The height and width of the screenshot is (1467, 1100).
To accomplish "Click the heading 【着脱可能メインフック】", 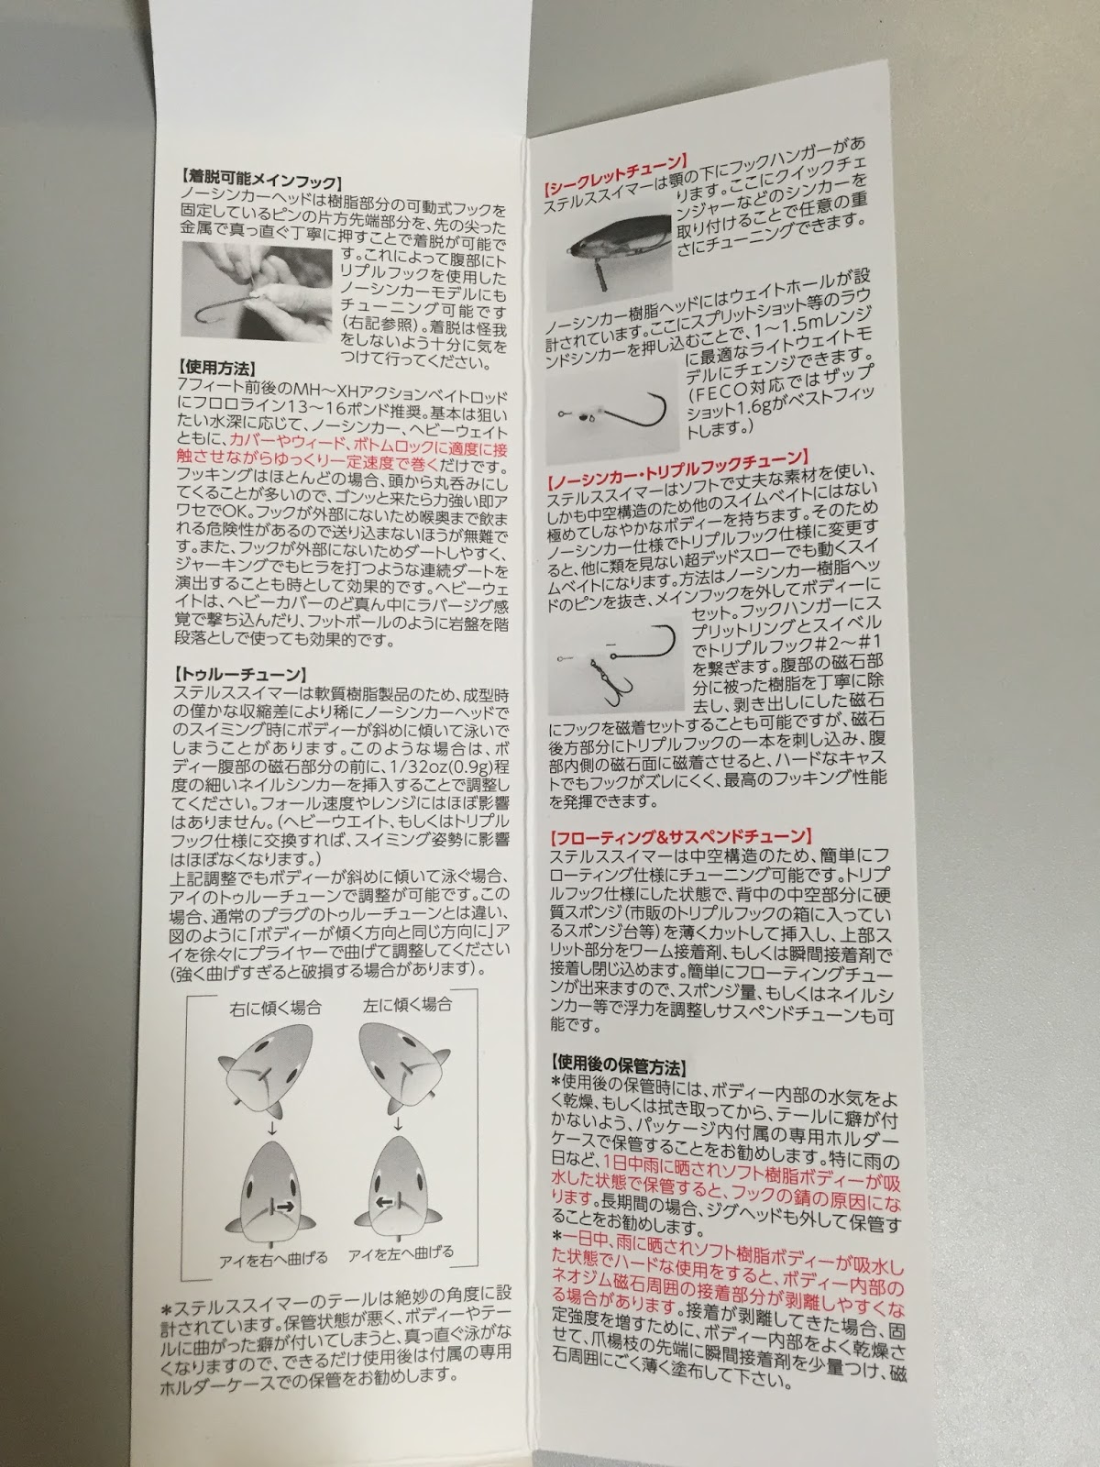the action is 262,181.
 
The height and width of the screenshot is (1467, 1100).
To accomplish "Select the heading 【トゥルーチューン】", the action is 240,674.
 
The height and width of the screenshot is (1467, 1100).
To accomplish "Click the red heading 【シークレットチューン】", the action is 616,171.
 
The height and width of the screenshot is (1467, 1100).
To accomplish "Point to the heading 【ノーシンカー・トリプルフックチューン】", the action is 678,469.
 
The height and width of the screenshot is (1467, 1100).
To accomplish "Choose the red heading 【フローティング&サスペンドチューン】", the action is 681,837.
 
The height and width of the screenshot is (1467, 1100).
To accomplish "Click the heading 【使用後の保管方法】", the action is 619,1065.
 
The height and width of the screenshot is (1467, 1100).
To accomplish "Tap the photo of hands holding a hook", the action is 257,292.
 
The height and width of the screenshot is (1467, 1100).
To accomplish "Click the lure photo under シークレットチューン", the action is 609,261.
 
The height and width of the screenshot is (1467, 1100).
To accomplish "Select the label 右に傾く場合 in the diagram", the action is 275,1007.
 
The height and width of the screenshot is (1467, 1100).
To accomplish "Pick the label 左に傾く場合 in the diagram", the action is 407,1004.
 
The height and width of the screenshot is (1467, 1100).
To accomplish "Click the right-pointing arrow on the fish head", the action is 285,1207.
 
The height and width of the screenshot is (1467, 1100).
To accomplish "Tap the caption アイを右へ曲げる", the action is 273,1260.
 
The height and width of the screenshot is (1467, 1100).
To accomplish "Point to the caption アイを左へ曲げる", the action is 401,1253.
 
